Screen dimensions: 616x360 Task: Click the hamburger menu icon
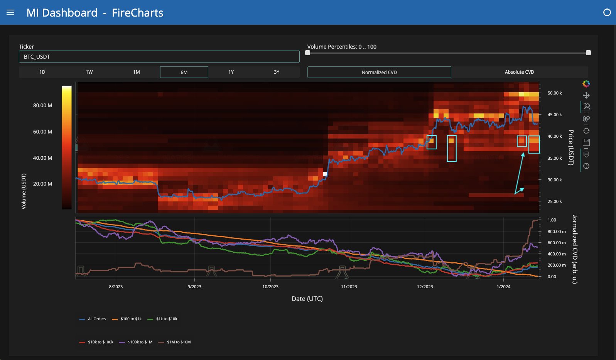10,13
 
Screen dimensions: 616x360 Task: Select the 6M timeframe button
184,72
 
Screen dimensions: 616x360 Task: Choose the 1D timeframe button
42,72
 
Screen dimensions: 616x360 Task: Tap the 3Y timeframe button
277,72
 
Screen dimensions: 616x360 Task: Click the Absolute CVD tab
520,72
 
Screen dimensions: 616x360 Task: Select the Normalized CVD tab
379,72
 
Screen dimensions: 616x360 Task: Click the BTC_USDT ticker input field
159,57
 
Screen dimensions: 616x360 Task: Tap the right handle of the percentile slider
588,53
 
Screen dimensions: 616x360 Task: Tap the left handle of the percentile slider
308,53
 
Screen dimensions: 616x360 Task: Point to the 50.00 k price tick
554,93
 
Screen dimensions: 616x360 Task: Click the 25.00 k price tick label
554,201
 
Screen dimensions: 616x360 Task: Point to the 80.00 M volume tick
43,105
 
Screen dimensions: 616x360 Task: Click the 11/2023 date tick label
349,287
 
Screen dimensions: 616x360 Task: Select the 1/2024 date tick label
503,287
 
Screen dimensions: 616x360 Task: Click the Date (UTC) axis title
307,299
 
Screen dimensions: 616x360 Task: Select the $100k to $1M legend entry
136,342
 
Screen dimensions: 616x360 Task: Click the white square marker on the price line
325,174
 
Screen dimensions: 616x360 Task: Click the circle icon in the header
607,12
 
